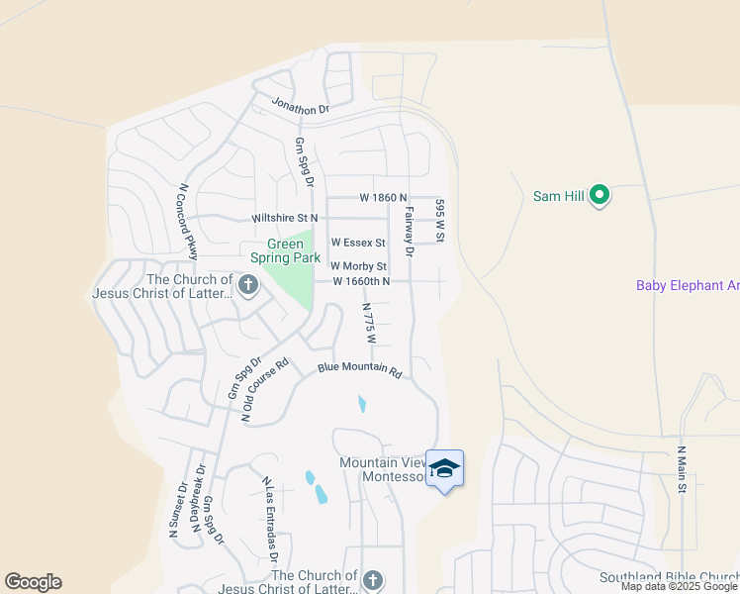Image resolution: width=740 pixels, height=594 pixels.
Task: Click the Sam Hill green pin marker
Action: (x=599, y=197)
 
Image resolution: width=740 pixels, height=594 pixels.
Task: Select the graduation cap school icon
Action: (x=444, y=468)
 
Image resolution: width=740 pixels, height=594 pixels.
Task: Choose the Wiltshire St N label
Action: (x=285, y=217)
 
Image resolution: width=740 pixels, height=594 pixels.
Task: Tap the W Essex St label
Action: (x=357, y=242)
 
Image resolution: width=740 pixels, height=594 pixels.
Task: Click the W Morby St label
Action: (x=358, y=266)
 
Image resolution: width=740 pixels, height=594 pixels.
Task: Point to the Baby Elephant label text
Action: (x=687, y=286)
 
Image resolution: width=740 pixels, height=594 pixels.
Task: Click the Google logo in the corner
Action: (x=33, y=582)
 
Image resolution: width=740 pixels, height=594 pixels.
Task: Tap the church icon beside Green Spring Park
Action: (x=247, y=287)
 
